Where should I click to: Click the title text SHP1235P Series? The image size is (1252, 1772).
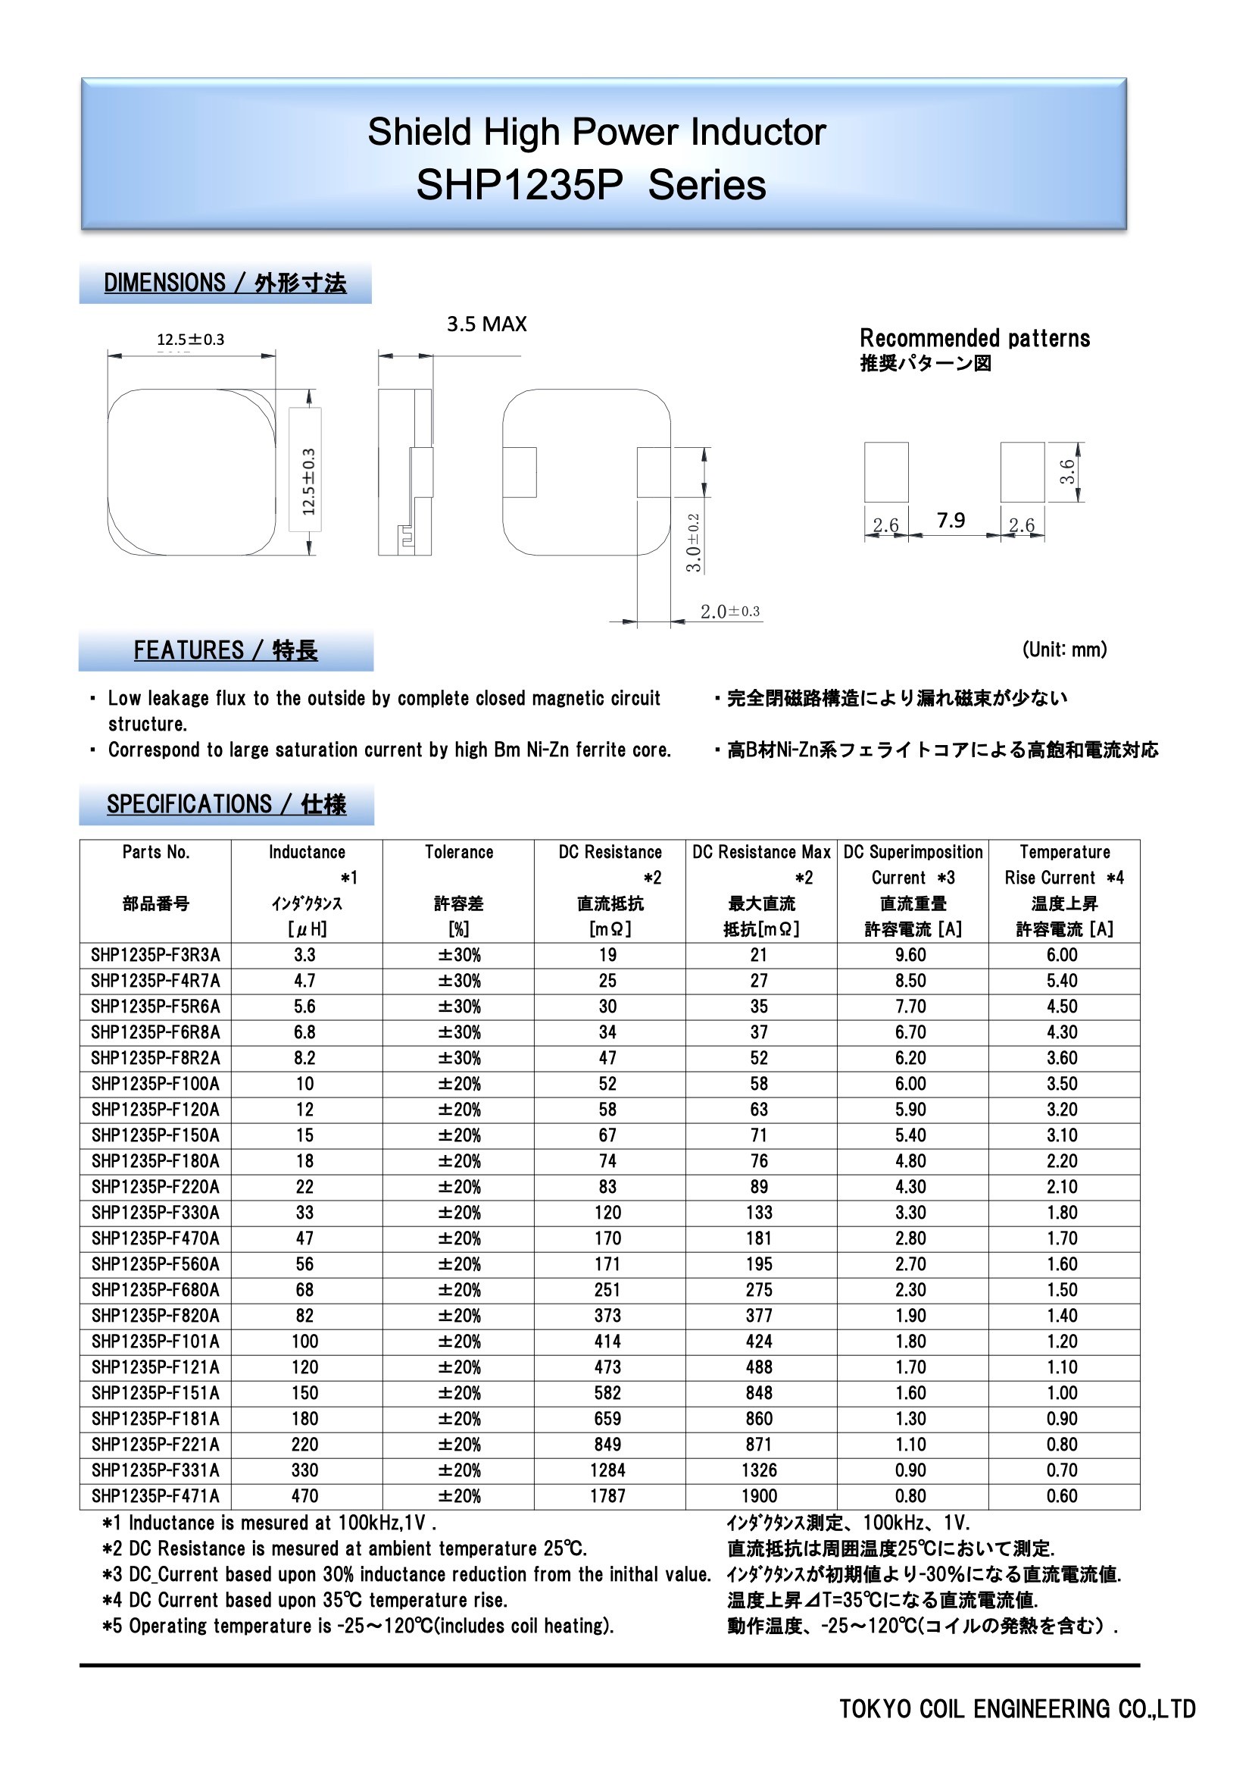click(591, 185)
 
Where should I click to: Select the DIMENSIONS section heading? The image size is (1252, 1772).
click(224, 283)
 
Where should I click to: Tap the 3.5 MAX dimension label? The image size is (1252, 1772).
click(486, 324)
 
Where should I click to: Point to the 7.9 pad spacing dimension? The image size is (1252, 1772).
click(951, 520)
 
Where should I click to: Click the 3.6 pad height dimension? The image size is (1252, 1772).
click(1067, 471)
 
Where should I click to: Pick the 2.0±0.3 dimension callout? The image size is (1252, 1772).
click(729, 611)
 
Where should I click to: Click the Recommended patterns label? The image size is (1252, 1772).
click(974, 338)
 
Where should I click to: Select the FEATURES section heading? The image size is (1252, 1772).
click(225, 650)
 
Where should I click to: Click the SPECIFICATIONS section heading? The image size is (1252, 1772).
click(226, 804)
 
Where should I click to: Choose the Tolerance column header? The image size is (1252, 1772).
click(459, 852)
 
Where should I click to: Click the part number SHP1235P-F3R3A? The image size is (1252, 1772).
click(155, 955)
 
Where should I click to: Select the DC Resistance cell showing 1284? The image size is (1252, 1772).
click(608, 1470)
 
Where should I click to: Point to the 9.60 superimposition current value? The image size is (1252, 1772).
click(910, 955)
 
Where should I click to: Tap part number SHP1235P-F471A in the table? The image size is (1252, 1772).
click(155, 1495)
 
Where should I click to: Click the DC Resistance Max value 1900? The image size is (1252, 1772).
click(759, 1495)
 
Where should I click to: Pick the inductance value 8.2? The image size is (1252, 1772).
click(304, 1058)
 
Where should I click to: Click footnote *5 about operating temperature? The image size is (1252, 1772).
click(359, 1626)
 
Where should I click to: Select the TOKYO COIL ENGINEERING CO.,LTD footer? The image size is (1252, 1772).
click(1016, 1708)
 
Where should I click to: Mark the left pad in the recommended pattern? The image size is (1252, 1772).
click(885, 471)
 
